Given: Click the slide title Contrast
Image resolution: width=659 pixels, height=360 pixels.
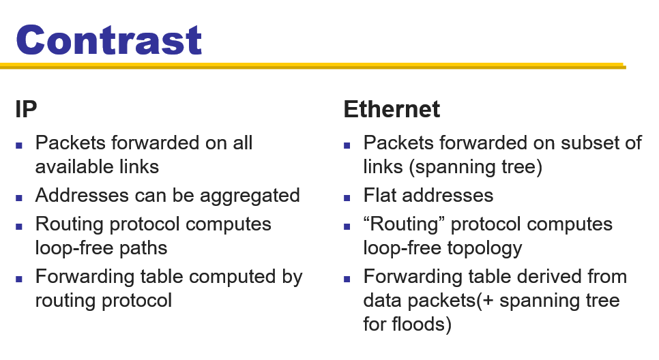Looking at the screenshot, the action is (109, 40).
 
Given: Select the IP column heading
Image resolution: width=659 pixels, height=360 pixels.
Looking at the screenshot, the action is (26, 109).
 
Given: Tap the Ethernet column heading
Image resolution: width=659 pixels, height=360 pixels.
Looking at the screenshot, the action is (392, 109).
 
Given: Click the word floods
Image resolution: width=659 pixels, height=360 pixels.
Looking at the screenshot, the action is (422, 325).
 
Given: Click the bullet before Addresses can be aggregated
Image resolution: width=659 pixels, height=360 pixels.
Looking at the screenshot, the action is (19, 198).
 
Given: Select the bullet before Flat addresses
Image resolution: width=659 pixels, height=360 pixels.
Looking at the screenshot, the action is (347, 198).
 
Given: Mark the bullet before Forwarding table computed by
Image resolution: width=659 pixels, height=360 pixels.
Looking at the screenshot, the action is (19, 279).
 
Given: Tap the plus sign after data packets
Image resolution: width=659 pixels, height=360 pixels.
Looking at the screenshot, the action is (488, 301).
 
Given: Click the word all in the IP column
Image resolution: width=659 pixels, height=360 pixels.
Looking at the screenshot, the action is (243, 142).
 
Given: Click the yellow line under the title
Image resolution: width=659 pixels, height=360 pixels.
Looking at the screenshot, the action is (313, 65).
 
